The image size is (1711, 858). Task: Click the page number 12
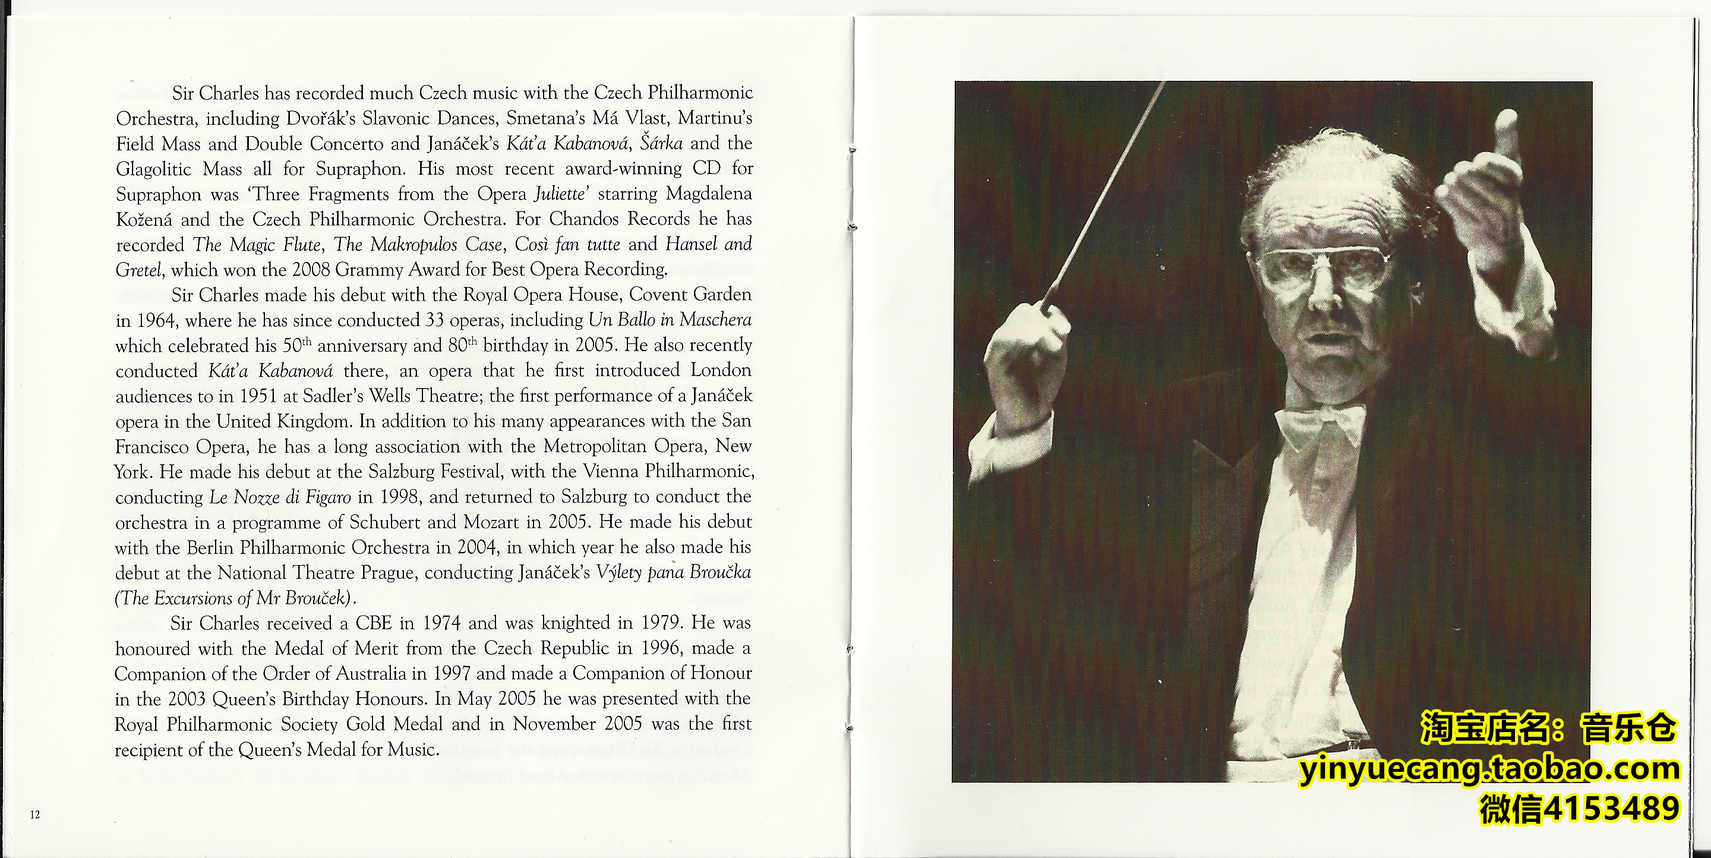click(x=34, y=815)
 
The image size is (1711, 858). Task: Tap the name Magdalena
click(x=709, y=194)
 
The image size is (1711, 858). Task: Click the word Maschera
click(x=715, y=320)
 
